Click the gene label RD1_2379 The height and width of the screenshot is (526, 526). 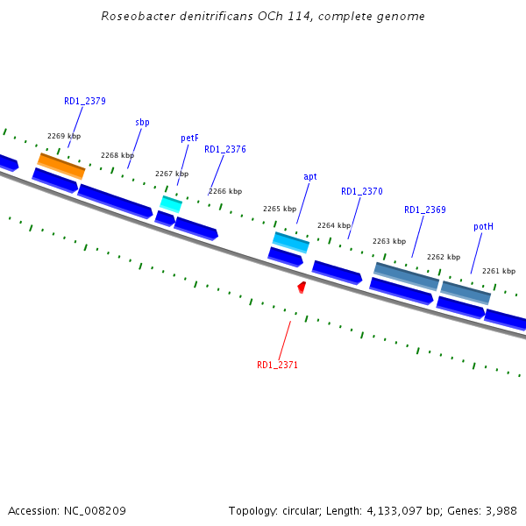[x=85, y=101]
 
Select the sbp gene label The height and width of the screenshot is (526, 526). [x=142, y=122]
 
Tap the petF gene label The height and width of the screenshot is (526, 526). [x=189, y=138]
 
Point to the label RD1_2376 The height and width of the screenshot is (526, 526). [x=225, y=149]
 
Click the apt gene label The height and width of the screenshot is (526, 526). [x=310, y=176]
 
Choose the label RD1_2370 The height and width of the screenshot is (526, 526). [x=362, y=191]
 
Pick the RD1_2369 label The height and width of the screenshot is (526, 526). [x=425, y=210]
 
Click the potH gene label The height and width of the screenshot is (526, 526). [x=483, y=226]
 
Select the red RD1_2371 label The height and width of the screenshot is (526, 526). [x=277, y=365]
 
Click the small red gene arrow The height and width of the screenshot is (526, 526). [x=302, y=287]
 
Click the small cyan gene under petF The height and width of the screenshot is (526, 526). [x=171, y=203]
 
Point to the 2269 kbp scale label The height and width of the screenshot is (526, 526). [x=63, y=136]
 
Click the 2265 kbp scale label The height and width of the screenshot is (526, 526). [x=280, y=209]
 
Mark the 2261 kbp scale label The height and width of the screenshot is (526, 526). [x=498, y=271]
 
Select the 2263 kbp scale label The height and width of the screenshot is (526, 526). [x=389, y=241]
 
